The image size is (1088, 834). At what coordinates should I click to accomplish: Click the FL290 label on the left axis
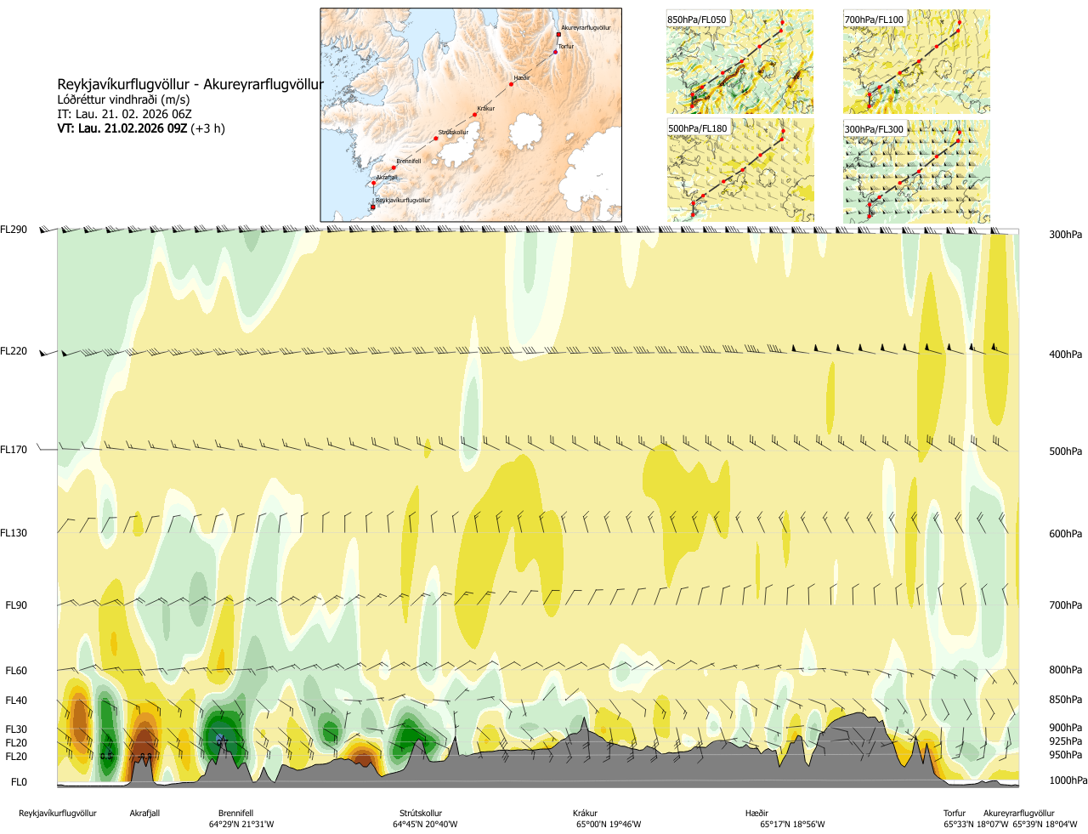(x=14, y=230)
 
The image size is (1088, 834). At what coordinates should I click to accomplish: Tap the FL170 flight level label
(x=14, y=450)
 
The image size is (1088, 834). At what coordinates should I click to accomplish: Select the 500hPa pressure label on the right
(x=1065, y=451)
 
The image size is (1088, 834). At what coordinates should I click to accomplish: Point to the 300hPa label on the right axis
(x=1065, y=235)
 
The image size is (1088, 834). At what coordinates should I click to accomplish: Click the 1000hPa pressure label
(x=1068, y=780)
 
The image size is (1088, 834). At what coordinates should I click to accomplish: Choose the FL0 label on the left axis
(x=19, y=782)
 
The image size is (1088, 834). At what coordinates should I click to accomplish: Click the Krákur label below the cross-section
(x=585, y=814)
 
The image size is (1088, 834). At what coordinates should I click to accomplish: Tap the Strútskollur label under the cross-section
(x=421, y=814)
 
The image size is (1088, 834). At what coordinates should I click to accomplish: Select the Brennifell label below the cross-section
(x=235, y=814)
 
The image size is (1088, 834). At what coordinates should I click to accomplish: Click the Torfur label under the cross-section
(x=955, y=814)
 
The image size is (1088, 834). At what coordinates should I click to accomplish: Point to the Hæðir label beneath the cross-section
(x=756, y=814)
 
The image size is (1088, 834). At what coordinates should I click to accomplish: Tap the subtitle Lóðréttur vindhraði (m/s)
(x=123, y=100)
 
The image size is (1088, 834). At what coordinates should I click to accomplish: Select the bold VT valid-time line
(x=141, y=129)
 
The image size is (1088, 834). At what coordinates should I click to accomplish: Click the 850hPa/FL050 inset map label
(x=697, y=20)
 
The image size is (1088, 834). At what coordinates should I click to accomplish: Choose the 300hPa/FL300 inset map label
(x=874, y=129)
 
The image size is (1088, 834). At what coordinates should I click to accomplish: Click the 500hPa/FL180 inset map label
(x=698, y=129)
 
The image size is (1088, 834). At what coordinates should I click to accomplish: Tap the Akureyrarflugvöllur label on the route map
(x=586, y=28)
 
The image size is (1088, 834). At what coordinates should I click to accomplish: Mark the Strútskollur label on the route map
(x=453, y=133)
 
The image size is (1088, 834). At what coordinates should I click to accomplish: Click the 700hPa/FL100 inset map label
(x=874, y=20)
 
